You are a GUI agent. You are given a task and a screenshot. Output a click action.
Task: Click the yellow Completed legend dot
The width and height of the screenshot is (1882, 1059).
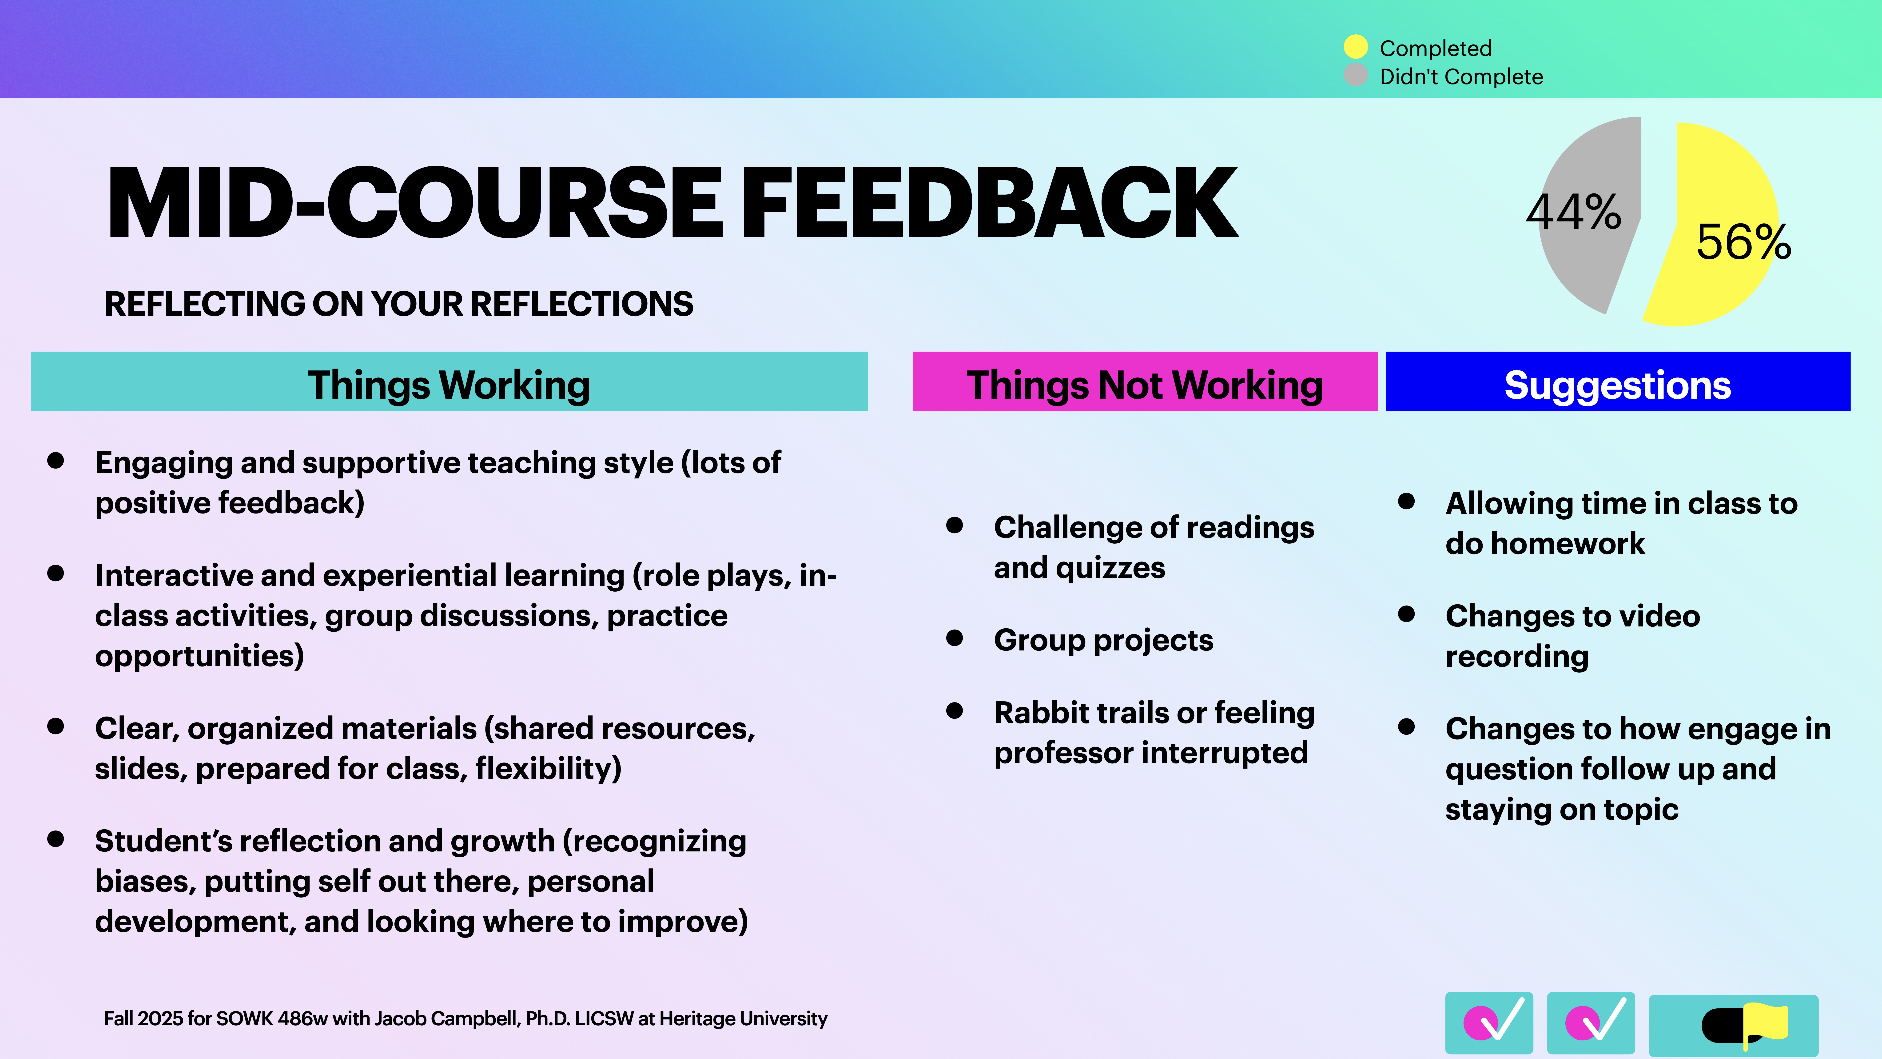pos(1355,47)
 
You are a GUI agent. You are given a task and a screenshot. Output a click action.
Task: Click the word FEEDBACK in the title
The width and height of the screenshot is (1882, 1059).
pos(990,203)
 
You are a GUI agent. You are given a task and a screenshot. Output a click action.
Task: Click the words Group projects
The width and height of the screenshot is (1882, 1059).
pos(1103,640)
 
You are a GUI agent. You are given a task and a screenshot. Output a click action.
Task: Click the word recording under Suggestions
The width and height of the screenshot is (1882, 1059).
pos(1517,656)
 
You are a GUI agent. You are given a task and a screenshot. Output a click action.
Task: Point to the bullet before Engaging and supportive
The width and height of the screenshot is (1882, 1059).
pos(56,461)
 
